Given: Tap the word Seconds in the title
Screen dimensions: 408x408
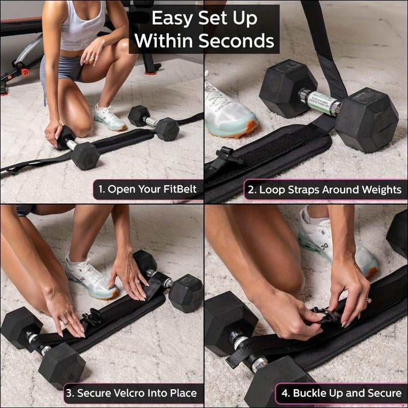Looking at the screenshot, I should point(236,41).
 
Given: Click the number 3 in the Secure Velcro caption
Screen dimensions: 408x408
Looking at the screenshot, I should point(70,394).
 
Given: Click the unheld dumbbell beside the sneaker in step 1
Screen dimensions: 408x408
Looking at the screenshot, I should point(154,123).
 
